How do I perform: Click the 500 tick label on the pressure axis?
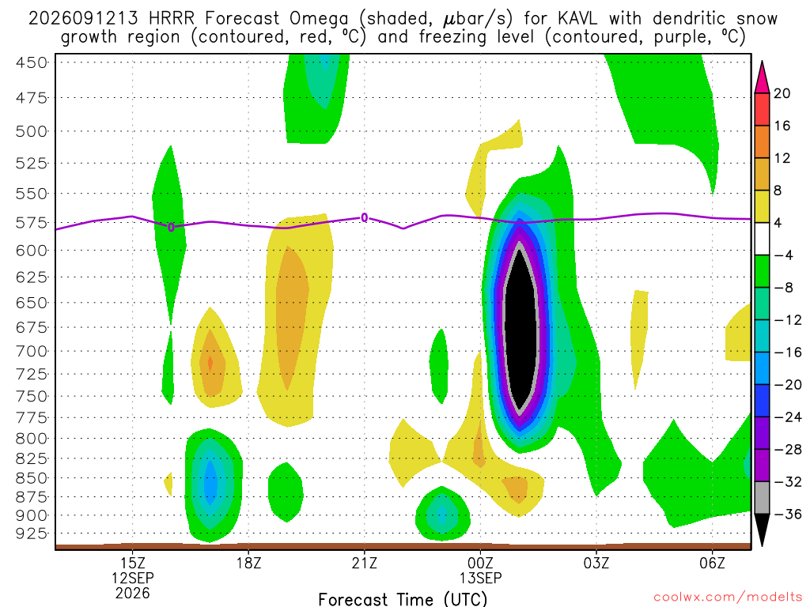coord(31,131)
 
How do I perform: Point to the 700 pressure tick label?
coord(31,351)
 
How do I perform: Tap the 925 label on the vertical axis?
coord(31,533)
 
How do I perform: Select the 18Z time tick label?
coord(248,563)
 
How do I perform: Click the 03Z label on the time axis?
coord(596,563)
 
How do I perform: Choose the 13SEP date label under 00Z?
coord(480,578)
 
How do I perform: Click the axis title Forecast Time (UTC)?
coord(403,599)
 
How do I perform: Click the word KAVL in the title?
coord(577,19)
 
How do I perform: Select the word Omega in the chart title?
coord(319,20)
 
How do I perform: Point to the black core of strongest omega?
coord(520,327)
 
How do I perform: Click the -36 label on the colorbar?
coord(788,514)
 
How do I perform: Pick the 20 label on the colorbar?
coord(782,93)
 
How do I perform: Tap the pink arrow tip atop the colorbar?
coord(762,62)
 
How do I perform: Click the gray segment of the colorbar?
coord(762,498)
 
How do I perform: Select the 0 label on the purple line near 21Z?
coord(364,218)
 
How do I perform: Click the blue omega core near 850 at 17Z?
coord(210,483)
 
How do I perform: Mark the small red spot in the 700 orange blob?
coord(210,363)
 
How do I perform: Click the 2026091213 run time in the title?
coord(83,19)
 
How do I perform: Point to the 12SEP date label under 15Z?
coord(133,578)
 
